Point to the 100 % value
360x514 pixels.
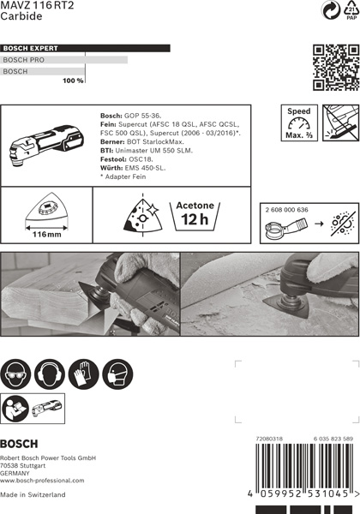pos(73,80)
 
